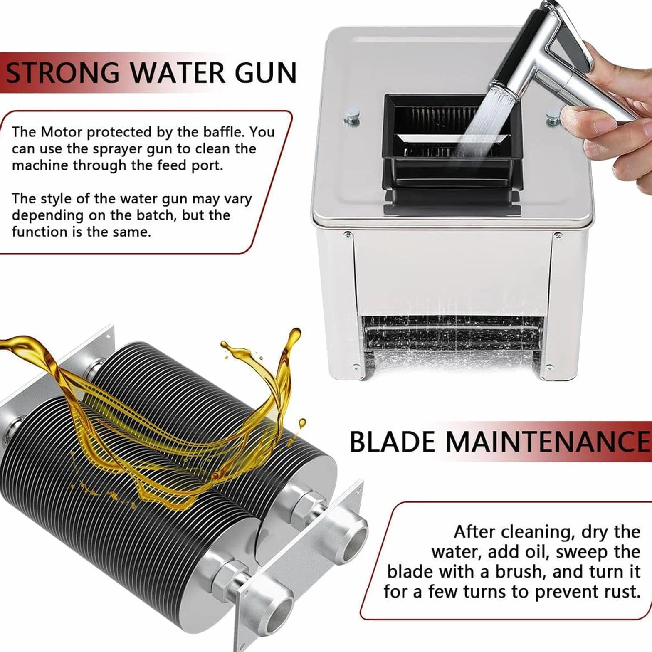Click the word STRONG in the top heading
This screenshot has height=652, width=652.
click(62, 73)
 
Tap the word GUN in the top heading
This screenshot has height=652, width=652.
click(266, 73)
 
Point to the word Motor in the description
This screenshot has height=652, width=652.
click(62, 132)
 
